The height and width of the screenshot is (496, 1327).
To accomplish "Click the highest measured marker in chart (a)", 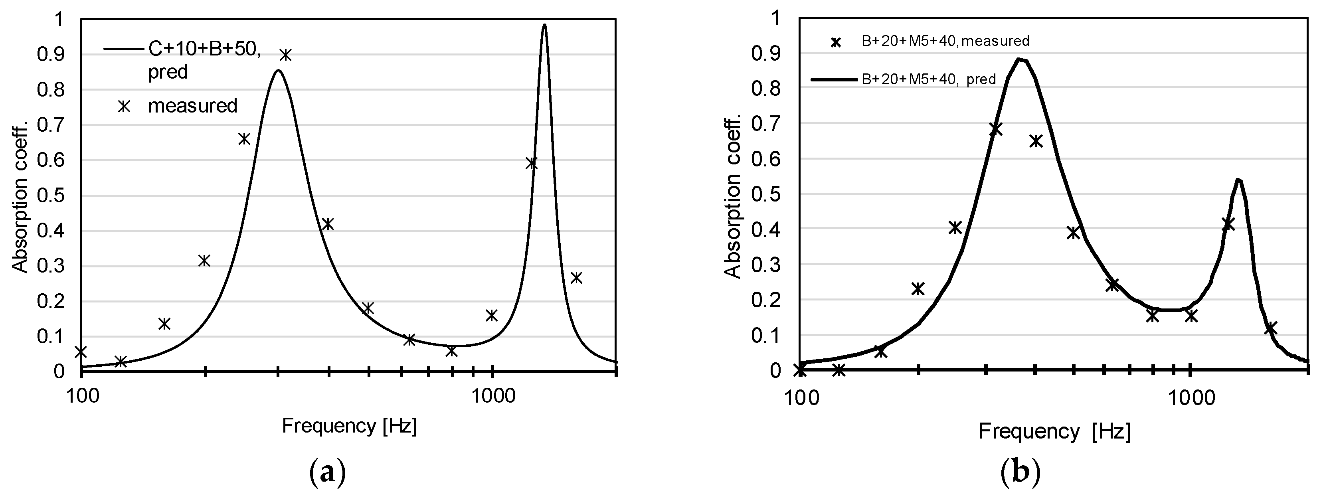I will click(x=285, y=55).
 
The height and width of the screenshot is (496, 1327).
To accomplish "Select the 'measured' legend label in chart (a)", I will click(x=193, y=106).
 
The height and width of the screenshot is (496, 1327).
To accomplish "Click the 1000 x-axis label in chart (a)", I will click(x=492, y=397).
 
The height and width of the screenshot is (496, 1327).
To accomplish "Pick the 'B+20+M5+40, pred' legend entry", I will click(x=928, y=79).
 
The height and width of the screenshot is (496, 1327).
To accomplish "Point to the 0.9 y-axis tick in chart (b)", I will click(x=765, y=54).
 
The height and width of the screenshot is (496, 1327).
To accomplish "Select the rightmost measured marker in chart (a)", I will click(x=576, y=278).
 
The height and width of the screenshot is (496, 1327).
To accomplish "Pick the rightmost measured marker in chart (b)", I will click(x=1270, y=328).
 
